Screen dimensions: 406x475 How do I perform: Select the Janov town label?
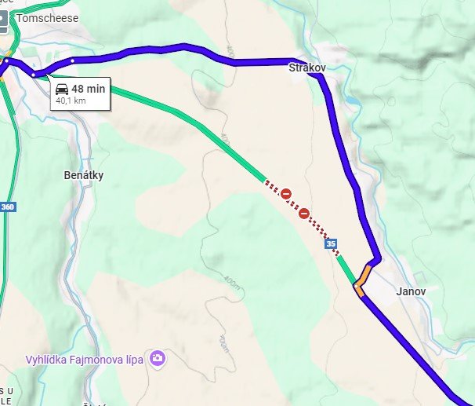(411, 291)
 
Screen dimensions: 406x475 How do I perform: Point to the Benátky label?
(83, 175)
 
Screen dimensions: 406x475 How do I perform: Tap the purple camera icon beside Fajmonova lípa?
(158, 359)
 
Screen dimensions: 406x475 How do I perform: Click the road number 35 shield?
(332, 244)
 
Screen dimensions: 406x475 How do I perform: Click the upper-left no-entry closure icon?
(287, 193)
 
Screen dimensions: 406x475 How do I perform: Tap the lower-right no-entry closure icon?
(303, 212)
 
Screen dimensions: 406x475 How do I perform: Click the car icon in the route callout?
(62, 89)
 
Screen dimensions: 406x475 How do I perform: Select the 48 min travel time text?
(88, 89)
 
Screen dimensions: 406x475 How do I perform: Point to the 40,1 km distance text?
(71, 101)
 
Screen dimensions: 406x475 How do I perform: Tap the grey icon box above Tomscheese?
(4, 20)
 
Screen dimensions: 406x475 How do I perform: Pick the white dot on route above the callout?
(71, 60)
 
